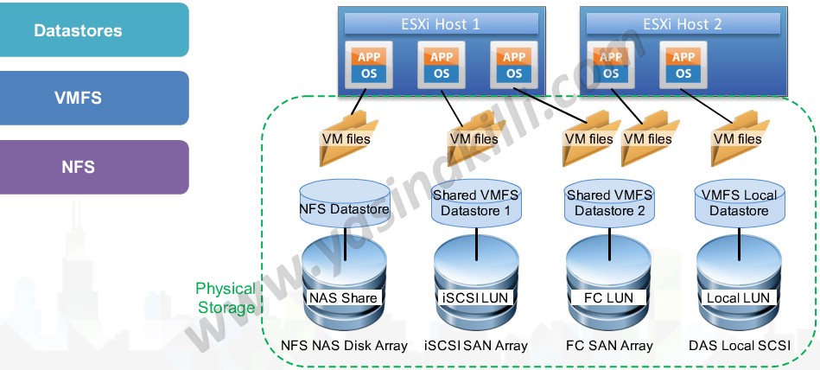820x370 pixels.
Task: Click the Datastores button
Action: [x=94, y=30]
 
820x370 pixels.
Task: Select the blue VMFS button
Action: [x=94, y=98]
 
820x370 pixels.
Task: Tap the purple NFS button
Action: [x=94, y=166]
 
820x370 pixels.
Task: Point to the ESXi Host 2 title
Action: [x=683, y=24]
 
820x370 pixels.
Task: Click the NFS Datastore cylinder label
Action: [x=344, y=208]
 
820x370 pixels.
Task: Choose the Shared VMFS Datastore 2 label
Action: [x=609, y=203]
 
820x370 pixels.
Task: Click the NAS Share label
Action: [x=344, y=297]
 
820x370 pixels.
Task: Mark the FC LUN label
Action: [x=609, y=297]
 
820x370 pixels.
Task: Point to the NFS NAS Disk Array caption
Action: [x=344, y=346]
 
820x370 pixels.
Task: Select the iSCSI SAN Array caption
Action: [x=475, y=346]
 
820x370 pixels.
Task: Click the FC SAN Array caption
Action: [x=609, y=346]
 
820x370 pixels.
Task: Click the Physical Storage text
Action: [x=226, y=297]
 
